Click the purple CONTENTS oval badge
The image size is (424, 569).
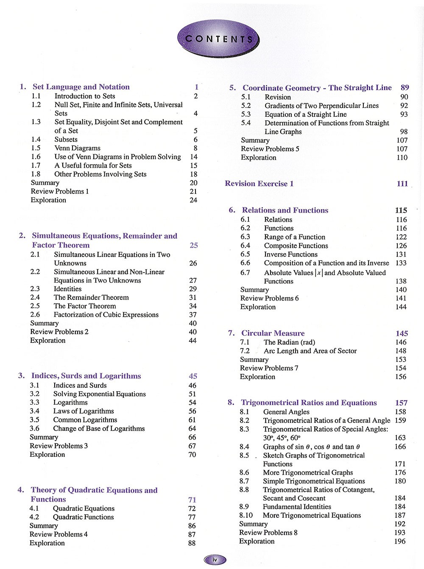pyautogui.click(x=218, y=39)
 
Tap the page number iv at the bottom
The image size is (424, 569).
pyautogui.click(x=215, y=560)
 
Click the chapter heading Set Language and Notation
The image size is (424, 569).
pyautogui.click(x=81, y=87)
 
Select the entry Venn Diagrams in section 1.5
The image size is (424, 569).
pyautogui.click(x=77, y=148)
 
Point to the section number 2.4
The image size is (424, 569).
pyautogui.click(x=35, y=297)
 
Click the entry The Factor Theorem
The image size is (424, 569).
pyautogui.click(x=85, y=306)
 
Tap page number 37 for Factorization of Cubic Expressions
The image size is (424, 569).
pyautogui.click(x=193, y=315)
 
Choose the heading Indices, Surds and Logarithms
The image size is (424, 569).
pyautogui.click(x=86, y=376)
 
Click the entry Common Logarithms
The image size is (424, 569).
pyautogui.click(x=85, y=420)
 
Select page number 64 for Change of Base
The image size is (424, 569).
pyautogui.click(x=192, y=428)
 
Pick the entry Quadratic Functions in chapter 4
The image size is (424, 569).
pyautogui.click(x=83, y=517)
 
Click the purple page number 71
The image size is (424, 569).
pyautogui.click(x=192, y=500)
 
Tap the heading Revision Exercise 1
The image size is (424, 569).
pyautogui.click(x=259, y=184)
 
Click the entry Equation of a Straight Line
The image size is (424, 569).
pyautogui.click(x=306, y=114)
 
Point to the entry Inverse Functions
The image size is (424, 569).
pyautogui.click(x=290, y=254)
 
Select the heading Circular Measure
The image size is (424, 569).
pyautogui.click(x=273, y=333)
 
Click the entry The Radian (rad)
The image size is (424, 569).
pyautogui.click(x=289, y=342)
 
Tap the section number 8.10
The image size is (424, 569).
pyautogui.click(x=246, y=515)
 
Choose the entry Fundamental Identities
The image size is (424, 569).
pyautogui.click(x=297, y=507)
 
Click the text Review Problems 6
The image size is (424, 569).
pyautogui.click(x=269, y=298)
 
